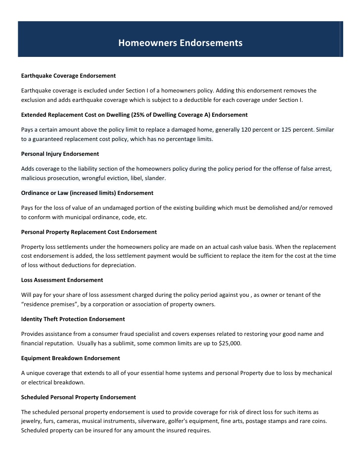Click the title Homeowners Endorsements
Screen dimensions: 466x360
(x=180, y=43)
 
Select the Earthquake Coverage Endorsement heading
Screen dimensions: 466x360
(x=68, y=76)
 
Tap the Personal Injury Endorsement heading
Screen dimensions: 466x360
(x=60, y=154)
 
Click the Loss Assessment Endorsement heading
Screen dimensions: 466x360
(x=62, y=280)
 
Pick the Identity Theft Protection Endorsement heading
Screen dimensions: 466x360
(x=73, y=319)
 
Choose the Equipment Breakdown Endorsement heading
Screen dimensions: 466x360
(x=70, y=358)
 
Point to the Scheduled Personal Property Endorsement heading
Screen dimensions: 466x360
(x=79, y=397)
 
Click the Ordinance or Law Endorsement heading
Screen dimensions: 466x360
(x=87, y=193)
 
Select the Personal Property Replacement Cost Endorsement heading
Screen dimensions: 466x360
(x=89, y=232)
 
